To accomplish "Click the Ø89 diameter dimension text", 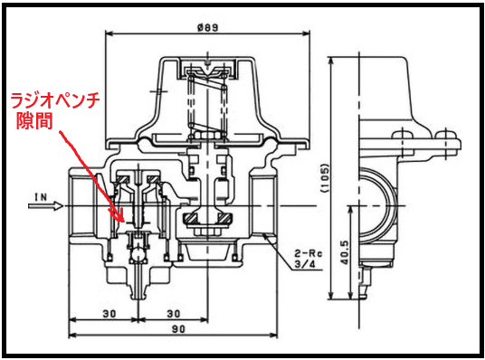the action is click(207, 27).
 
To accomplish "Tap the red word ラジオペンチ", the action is click(56, 100).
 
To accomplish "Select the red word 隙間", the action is click(34, 120).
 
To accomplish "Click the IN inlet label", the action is click(41, 197).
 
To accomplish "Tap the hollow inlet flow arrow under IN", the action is click(46, 205).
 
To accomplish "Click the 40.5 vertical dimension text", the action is click(345, 252).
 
